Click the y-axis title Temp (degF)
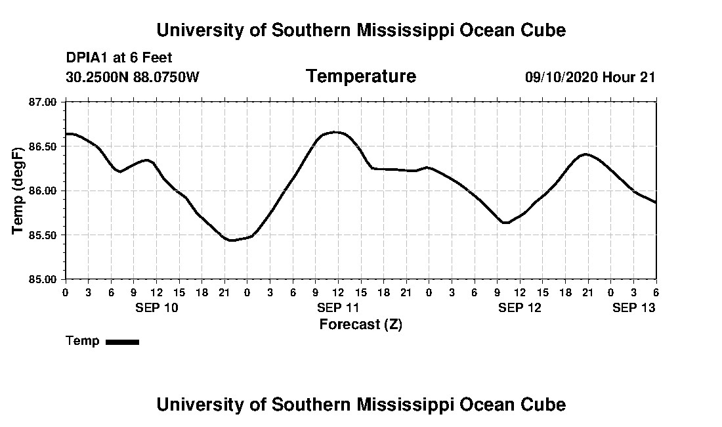point(18,191)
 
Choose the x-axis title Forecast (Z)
point(360,324)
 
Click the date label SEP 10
point(156,307)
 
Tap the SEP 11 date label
point(338,307)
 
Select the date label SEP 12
point(519,307)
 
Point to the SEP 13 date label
point(633,307)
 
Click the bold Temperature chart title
point(360,76)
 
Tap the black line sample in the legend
point(122,342)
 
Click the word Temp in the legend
point(83,341)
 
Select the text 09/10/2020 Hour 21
point(590,77)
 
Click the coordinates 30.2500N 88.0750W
point(132,77)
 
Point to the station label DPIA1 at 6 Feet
point(119,58)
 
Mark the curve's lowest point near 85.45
point(231,240)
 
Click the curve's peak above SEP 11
point(336,132)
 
